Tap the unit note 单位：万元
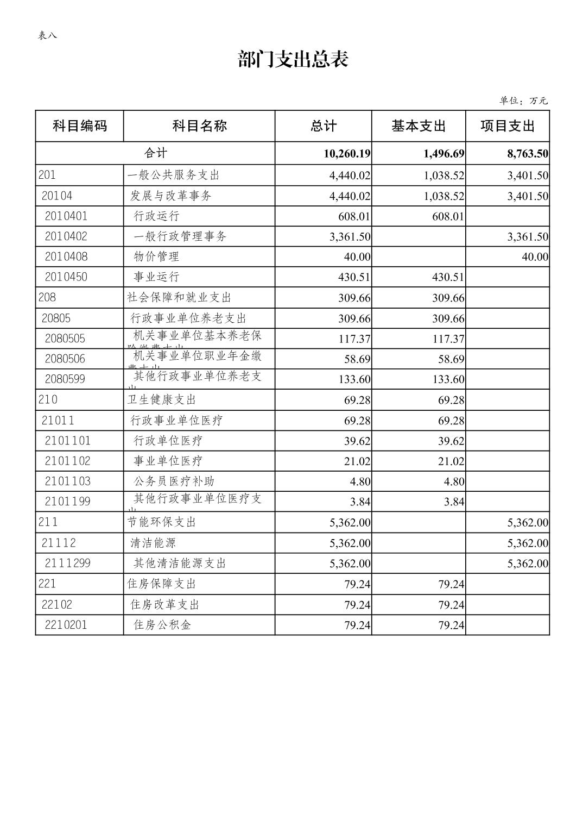[x=523, y=101]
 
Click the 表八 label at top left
[x=47, y=35]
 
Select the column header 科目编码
[x=80, y=126]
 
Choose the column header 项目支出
[x=508, y=126]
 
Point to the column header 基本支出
[x=419, y=126]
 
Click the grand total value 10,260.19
[x=347, y=154]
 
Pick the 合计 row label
[x=155, y=153]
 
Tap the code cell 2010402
[x=66, y=236]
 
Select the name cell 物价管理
[x=156, y=256]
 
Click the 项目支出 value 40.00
[x=535, y=257]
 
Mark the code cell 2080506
[x=65, y=359]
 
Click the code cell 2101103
[x=67, y=481]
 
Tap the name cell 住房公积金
[x=162, y=625]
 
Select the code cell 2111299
[x=67, y=563]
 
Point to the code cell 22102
[x=57, y=604]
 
